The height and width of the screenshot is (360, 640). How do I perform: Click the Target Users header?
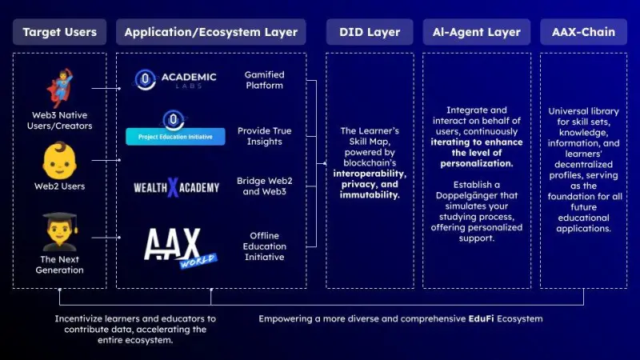pyautogui.click(x=59, y=32)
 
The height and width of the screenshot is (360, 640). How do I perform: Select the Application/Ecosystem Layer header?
pyautogui.click(x=210, y=32)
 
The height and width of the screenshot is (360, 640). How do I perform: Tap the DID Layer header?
pyautogui.click(x=369, y=32)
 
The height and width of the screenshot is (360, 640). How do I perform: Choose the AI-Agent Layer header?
pyautogui.click(x=476, y=32)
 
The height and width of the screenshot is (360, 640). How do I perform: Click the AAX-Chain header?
pyautogui.click(x=583, y=32)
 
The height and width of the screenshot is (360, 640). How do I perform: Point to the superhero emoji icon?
pyautogui.click(x=59, y=86)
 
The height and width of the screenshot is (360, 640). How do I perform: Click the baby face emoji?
pyautogui.click(x=59, y=160)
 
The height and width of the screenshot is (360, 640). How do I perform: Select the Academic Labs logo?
pyautogui.click(x=176, y=81)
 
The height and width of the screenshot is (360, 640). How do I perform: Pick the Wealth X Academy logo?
pyautogui.click(x=176, y=188)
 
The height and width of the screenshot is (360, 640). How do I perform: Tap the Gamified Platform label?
pyautogui.click(x=264, y=81)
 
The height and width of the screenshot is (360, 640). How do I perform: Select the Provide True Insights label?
pyautogui.click(x=264, y=136)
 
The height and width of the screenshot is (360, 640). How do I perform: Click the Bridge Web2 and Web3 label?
pyautogui.click(x=264, y=186)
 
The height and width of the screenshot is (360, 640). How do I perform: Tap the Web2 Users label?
pyautogui.click(x=59, y=186)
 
